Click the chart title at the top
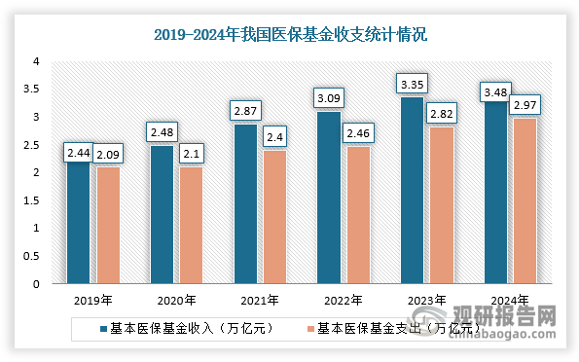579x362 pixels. click(291, 34)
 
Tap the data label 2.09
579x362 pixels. click(107, 152)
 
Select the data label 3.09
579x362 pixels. click(329, 98)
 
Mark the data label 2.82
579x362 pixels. click(441, 114)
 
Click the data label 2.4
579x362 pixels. click(274, 136)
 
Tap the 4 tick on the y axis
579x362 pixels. click(36, 61)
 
